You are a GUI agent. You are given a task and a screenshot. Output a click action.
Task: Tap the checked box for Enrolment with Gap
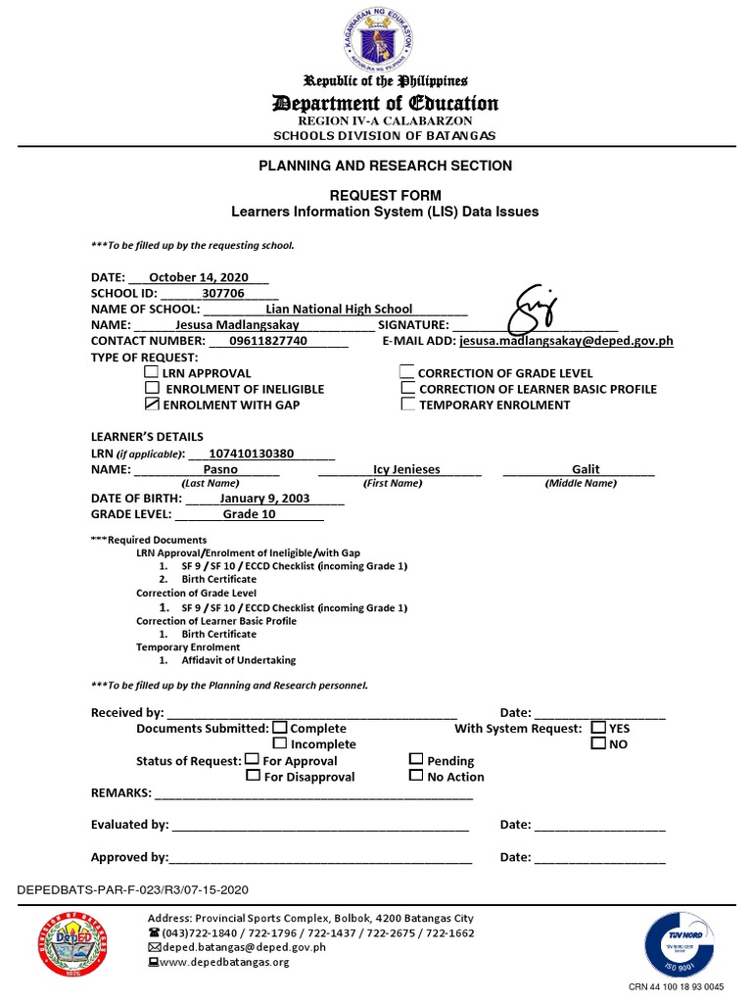pos(151,404)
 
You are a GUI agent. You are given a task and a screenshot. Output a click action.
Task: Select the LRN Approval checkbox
pos(151,372)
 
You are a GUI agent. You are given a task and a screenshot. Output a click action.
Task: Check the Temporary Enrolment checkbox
pos(407,404)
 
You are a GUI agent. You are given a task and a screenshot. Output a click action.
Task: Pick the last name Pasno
pos(220,469)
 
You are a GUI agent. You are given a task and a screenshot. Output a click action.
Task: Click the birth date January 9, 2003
pos(264,498)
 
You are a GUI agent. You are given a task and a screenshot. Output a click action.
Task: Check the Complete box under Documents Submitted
pos(280,728)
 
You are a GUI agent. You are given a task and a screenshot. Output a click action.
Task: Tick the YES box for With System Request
pos(598,728)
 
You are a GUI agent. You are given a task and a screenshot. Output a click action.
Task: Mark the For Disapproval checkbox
pos(254,776)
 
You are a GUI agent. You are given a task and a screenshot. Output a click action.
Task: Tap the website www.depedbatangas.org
pos(224,962)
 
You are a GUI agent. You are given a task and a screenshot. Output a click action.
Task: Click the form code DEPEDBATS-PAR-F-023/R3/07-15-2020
pos(134,889)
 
